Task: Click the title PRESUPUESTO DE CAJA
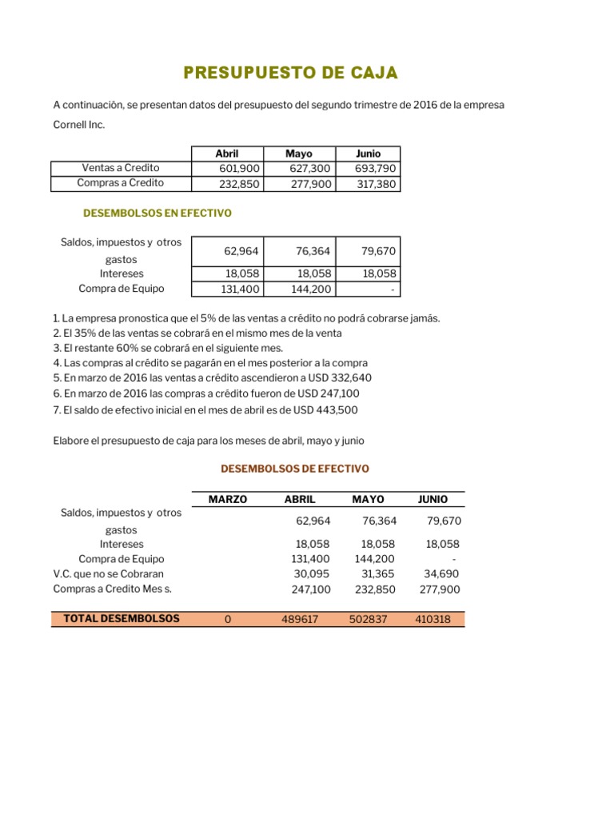click(290, 74)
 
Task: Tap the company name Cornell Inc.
click(78, 125)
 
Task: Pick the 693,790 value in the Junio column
click(375, 168)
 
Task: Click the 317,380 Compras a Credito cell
click(376, 183)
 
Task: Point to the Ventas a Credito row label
click(121, 168)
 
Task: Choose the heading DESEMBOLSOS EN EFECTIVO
click(157, 214)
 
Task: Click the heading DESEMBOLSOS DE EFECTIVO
click(295, 469)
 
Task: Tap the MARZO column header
click(228, 499)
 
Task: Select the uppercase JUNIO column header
click(433, 499)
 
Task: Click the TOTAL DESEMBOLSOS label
click(122, 618)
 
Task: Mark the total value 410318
click(433, 619)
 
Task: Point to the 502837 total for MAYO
click(365, 619)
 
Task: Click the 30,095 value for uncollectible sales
click(302, 573)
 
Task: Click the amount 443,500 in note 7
click(337, 409)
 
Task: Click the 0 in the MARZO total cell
click(228, 619)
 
